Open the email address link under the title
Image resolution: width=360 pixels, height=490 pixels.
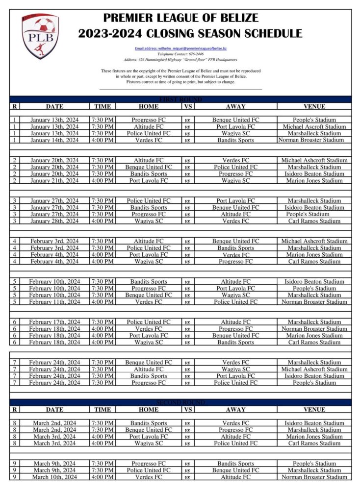[180, 49]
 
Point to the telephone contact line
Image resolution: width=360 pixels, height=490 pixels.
[180, 54]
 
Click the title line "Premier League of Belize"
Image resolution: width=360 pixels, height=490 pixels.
[180, 18]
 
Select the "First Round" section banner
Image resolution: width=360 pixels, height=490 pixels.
[180, 99]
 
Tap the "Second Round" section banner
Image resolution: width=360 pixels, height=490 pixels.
[180, 402]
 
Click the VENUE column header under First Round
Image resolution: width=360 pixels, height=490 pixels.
[314, 106]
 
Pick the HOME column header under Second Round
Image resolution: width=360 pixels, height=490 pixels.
[149, 409]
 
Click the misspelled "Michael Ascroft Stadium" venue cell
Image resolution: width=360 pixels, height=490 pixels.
[314, 126]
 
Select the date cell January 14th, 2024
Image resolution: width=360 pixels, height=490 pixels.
[54, 140]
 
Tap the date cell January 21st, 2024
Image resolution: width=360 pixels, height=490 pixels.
[54, 180]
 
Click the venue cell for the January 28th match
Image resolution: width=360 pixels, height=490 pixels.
[314, 221]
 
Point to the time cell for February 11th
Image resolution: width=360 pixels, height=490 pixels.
[103, 302]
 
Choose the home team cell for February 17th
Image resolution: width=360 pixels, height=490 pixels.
[149, 322]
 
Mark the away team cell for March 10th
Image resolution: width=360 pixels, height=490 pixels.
[235, 477]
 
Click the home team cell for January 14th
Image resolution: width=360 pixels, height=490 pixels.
[149, 140]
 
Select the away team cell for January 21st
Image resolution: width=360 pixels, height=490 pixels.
[235, 180]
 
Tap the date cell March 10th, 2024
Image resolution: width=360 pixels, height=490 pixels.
[54, 477]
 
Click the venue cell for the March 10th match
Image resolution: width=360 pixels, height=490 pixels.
[314, 477]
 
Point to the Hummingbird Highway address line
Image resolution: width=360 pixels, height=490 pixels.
[180, 60]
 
